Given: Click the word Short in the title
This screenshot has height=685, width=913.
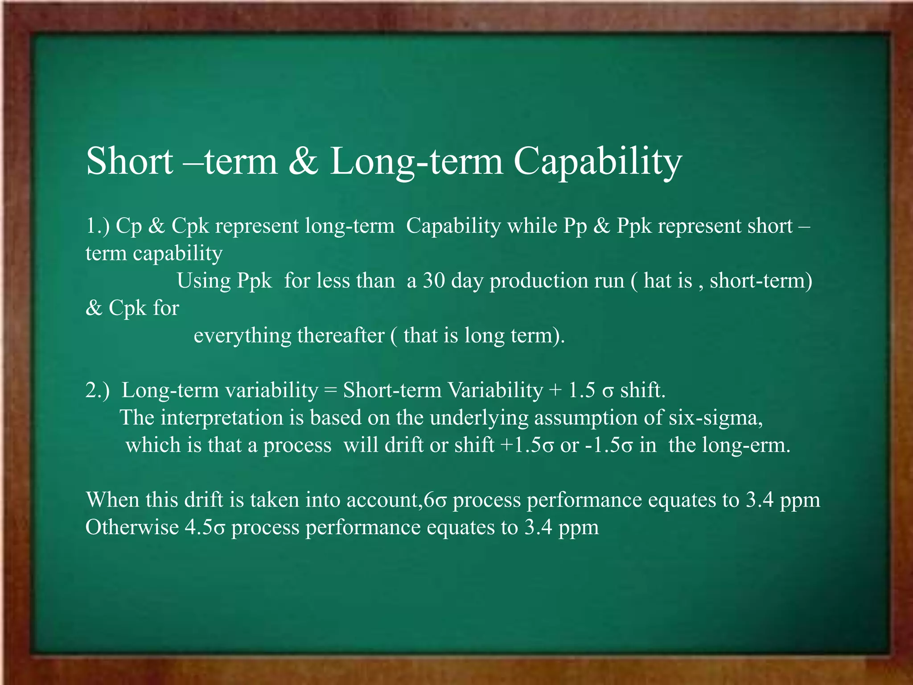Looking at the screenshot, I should [x=129, y=161].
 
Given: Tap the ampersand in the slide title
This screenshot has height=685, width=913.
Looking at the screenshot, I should [x=303, y=161].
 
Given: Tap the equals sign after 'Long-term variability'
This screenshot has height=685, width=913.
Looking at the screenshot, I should [x=330, y=390].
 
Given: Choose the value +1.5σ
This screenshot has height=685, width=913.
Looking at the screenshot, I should [x=528, y=445].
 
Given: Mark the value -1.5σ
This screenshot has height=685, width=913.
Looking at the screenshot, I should [x=609, y=445].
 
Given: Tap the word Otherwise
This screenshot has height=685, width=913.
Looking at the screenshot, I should [x=132, y=527].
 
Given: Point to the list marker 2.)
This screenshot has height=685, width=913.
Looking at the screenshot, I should [x=97, y=390].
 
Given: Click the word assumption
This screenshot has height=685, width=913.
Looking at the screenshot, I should [x=586, y=418].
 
